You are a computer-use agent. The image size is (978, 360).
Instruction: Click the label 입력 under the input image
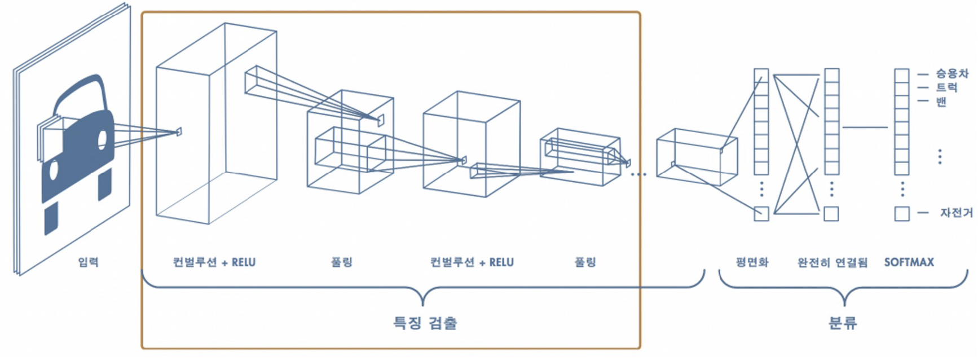pyautogui.click(x=88, y=262)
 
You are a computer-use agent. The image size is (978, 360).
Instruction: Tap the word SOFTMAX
pyautogui.click(x=909, y=262)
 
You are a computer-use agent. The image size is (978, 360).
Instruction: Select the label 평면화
pyautogui.click(x=752, y=262)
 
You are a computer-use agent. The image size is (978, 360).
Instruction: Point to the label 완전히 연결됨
pyautogui.click(x=832, y=262)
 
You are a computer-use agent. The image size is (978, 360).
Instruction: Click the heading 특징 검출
pyautogui.click(x=425, y=323)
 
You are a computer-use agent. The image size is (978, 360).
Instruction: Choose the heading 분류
pyautogui.click(x=843, y=323)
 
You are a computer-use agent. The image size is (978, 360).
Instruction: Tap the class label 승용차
pyautogui.click(x=952, y=73)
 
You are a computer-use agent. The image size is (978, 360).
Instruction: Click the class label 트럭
pyautogui.click(x=946, y=87)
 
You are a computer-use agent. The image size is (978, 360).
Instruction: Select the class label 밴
pyautogui.click(x=941, y=102)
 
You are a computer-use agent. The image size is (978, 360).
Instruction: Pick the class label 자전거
pyautogui.click(x=956, y=213)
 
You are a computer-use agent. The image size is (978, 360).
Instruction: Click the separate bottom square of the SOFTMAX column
pyautogui.click(x=902, y=214)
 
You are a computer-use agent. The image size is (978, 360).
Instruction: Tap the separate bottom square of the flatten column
pyautogui.click(x=761, y=214)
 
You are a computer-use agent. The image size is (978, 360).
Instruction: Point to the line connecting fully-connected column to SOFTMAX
pyautogui.click(x=865, y=127)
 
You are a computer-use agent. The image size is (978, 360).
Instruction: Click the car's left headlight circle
pyautogui.click(x=54, y=170)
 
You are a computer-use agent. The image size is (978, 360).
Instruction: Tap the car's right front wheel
pyautogui.click(x=105, y=185)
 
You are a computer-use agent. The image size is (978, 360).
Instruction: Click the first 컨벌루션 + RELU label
pyautogui.click(x=214, y=262)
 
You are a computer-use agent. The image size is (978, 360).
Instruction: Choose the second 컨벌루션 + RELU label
pyautogui.click(x=472, y=262)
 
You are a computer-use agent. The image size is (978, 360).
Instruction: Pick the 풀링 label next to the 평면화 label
pyautogui.click(x=585, y=262)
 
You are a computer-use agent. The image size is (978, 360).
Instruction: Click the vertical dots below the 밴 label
pyautogui.click(x=940, y=156)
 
